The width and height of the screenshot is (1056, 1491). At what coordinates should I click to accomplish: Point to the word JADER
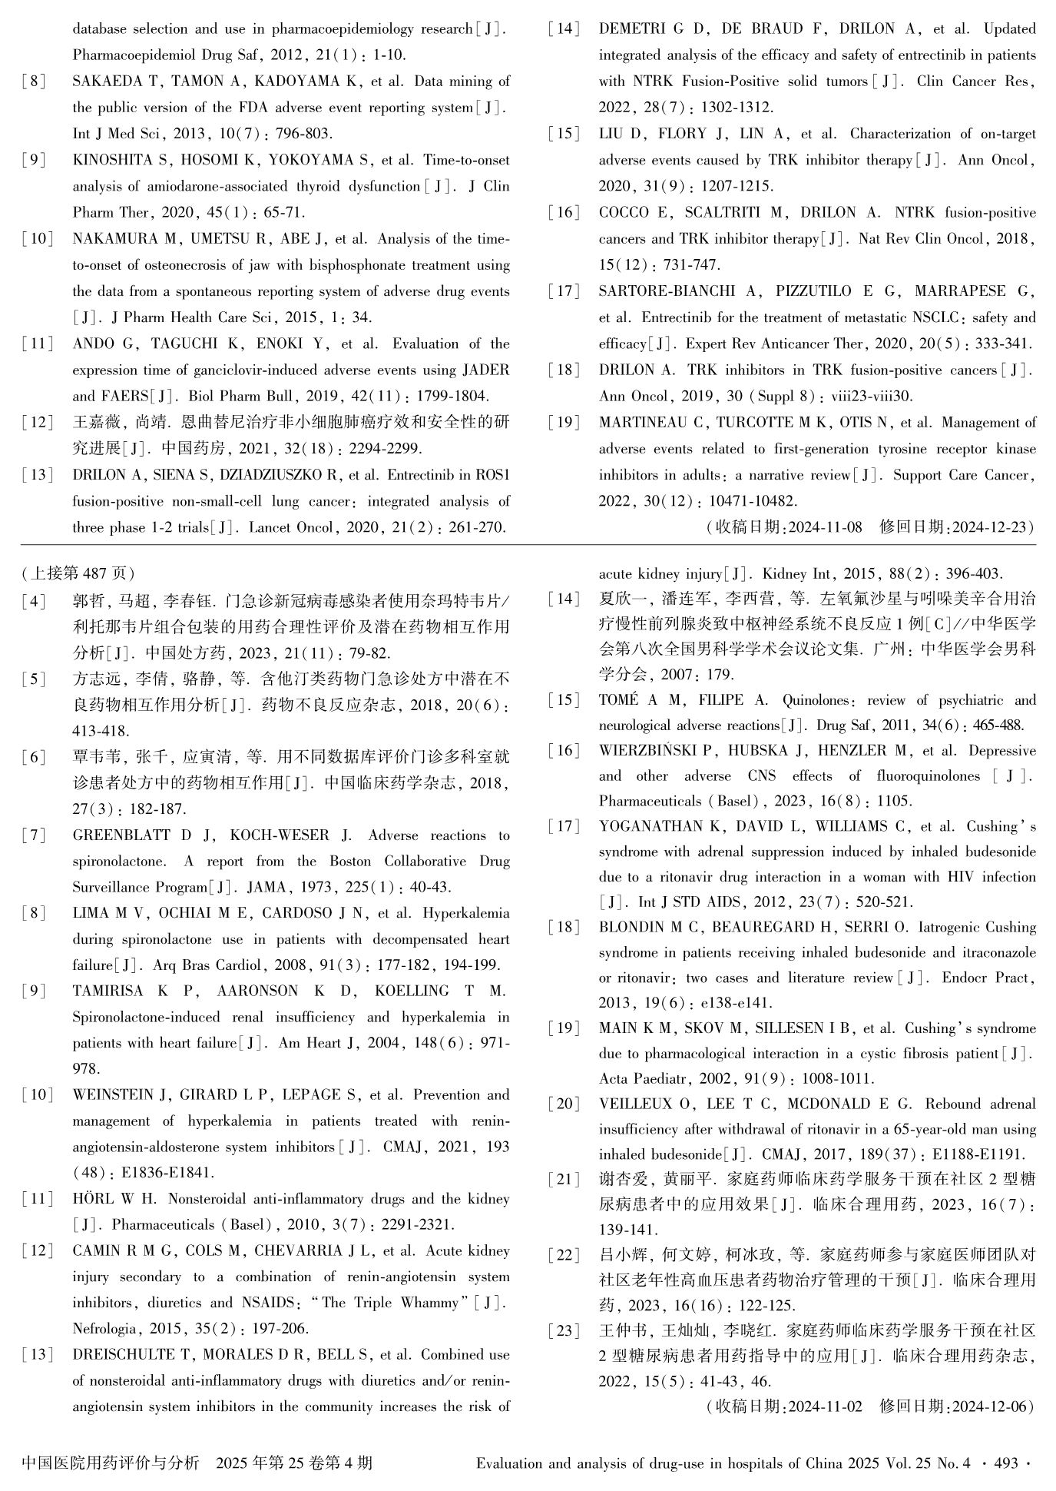click(x=485, y=370)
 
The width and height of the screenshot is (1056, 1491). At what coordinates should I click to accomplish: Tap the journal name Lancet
click(x=273, y=528)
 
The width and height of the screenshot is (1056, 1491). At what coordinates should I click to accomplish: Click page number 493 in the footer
click(x=1005, y=1463)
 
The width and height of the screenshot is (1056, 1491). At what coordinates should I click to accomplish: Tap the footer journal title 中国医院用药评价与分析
click(x=111, y=1463)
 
